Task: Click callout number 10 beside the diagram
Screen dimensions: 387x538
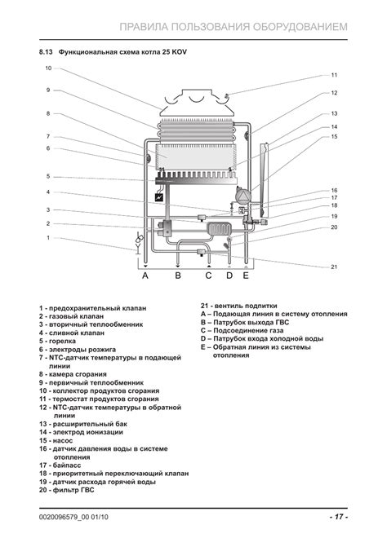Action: [x=48, y=68]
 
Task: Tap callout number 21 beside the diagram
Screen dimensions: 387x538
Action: [x=334, y=267]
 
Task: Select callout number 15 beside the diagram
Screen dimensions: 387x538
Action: [x=334, y=137]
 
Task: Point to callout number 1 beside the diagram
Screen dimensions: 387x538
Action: [x=48, y=237]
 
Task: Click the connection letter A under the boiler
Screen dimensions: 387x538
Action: [x=145, y=276]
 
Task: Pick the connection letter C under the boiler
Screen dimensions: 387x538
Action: [x=208, y=276]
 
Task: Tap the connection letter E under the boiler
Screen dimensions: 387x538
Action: [x=246, y=276]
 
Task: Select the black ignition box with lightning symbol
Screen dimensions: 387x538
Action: [x=158, y=197]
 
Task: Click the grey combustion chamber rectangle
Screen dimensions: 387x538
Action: [x=196, y=157]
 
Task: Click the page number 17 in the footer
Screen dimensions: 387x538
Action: [x=339, y=516]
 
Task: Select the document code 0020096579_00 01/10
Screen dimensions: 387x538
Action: [x=73, y=517]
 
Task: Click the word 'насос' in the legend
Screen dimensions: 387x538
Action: [x=63, y=440]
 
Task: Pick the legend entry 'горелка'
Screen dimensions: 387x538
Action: [x=62, y=341]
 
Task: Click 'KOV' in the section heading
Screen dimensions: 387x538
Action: [x=180, y=52]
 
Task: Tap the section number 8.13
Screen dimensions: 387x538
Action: [x=46, y=52]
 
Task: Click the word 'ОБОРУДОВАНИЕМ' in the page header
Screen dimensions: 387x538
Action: [x=300, y=27]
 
